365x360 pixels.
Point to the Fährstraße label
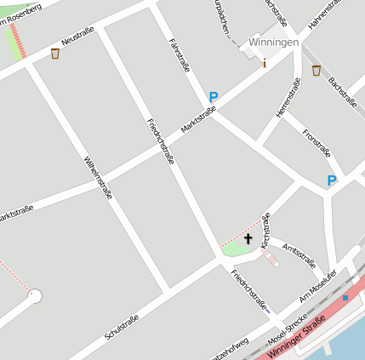pyautogui.click(x=180, y=54)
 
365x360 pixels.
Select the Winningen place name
pyautogui.click(x=274, y=42)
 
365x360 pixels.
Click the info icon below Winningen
pyautogui.click(x=265, y=62)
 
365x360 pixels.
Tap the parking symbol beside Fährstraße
pyautogui.click(x=214, y=98)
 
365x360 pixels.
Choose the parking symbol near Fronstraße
pyautogui.click(x=332, y=180)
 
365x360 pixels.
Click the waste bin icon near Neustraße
pyautogui.click(x=55, y=54)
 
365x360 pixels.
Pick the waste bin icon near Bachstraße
pyautogui.click(x=316, y=71)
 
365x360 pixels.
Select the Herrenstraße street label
pyautogui.click(x=288, y=98)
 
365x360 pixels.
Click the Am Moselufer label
pyautogui.click(x=318, y=286)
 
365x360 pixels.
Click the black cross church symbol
pyautogui.click(x=248, y=238)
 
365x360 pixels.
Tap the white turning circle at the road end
pyautogui.click(x=35, y=296)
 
